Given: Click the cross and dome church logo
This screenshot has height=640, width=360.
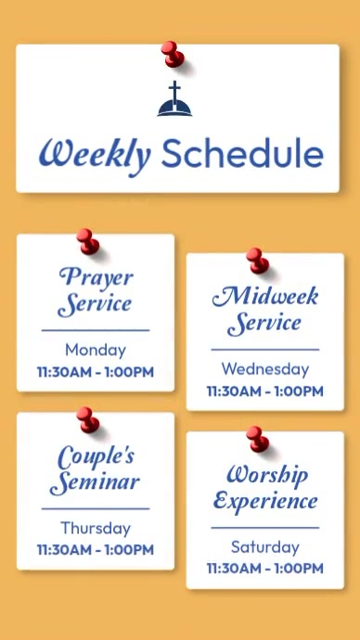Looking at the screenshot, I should pos(174,100).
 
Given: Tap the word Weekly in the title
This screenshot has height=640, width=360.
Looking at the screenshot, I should pos(94,154).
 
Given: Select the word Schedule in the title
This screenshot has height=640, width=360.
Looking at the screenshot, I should pos(242,153).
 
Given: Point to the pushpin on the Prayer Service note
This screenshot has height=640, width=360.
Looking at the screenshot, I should pos(87,241).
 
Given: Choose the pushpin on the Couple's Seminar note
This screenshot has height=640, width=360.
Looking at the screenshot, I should pos(87,419).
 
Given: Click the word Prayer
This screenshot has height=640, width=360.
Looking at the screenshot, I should pos(96,276).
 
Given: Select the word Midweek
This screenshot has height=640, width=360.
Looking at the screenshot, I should pos(265,297).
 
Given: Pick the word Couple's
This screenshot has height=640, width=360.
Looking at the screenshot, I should pos(96,455).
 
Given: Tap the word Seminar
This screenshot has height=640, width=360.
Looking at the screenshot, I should pos(96,482).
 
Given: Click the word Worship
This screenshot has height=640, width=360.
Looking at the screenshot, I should pos(266,474).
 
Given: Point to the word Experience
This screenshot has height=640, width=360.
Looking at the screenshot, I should pos(265,502).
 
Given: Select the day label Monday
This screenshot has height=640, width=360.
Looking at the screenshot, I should pos(96,350).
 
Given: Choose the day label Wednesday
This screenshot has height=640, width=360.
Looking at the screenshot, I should pos(265,369).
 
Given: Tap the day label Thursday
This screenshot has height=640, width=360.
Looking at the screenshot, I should pos(96,528).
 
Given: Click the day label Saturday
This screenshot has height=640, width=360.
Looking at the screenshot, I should pos(265,546).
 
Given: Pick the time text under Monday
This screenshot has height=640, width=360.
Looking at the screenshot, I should pos(96,372).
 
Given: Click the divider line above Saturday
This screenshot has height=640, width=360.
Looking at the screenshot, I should pos(265,528).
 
